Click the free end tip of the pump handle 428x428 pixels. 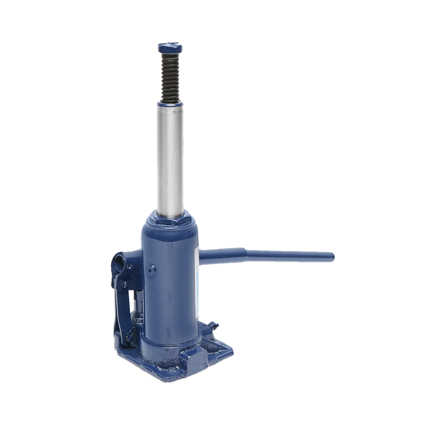coord(331,256)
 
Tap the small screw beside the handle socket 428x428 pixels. coord(129,267)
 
